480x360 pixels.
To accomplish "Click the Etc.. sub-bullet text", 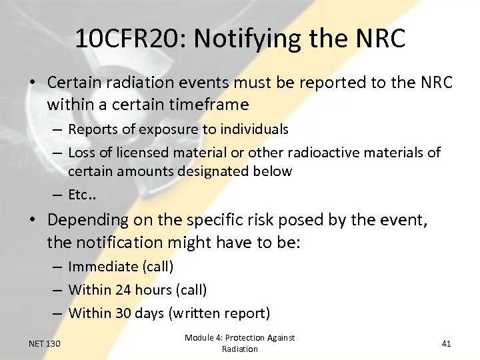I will [x=83, y=195].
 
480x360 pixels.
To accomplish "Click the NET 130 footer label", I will [x=45, y=344].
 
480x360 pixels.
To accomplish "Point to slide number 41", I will [x=447, y=344].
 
